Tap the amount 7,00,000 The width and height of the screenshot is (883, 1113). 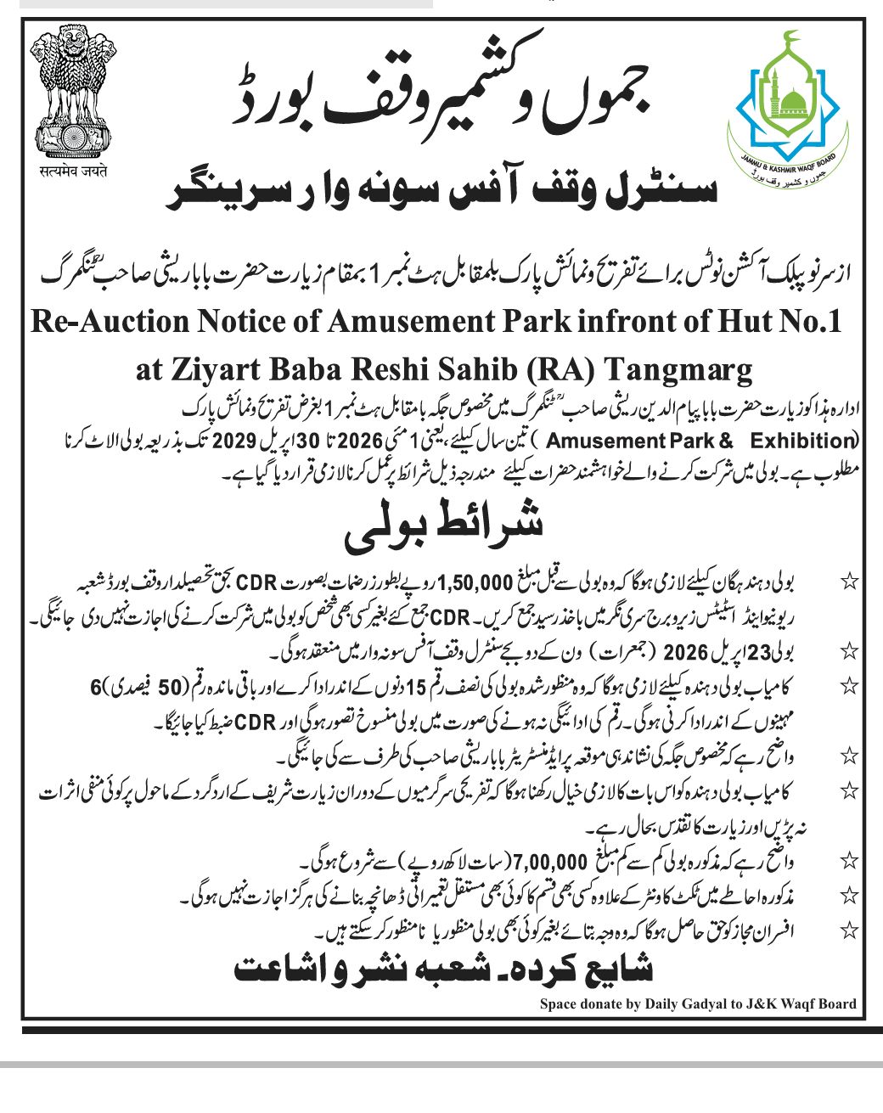pyautogui.click(x=550, y=863)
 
